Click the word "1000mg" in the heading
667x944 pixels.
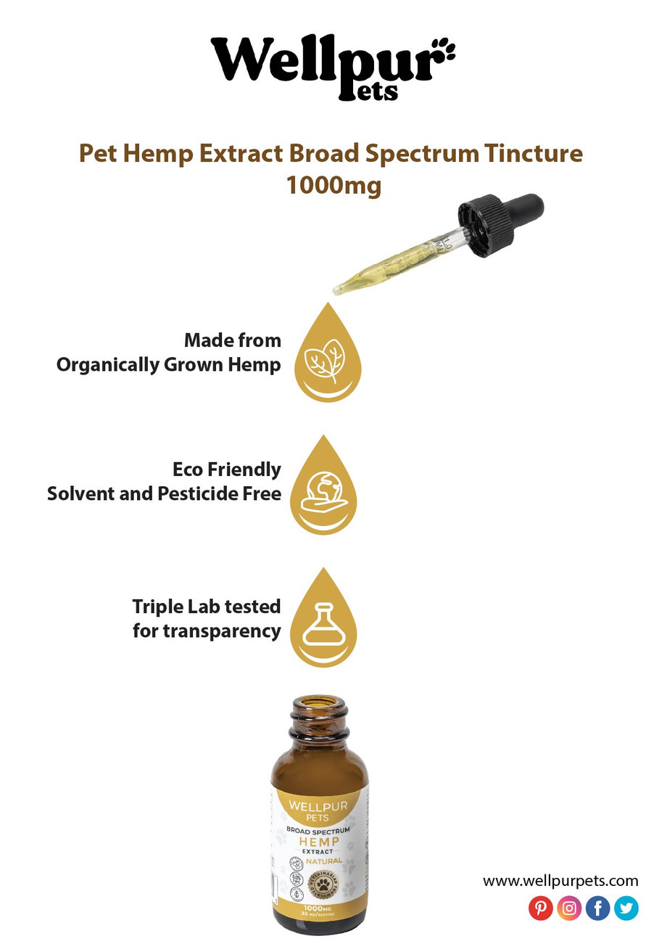pos(333,185)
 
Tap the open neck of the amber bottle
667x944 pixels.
pos(320,705)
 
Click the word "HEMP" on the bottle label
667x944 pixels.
pos(319,840)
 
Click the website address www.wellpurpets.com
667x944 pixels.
pos(560,882)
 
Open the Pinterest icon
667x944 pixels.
pos(540,908)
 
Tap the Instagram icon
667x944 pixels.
pos(569,908)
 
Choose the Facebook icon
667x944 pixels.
pos(597,908)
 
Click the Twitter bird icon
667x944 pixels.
pos(626,908)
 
